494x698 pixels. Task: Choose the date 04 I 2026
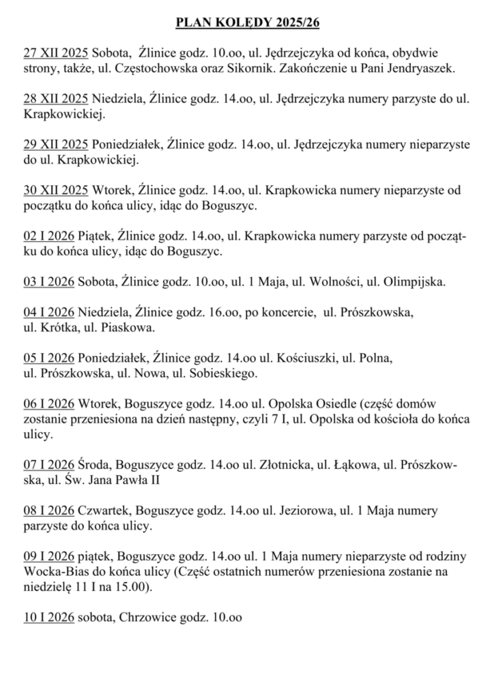click(x=48, y=314)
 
